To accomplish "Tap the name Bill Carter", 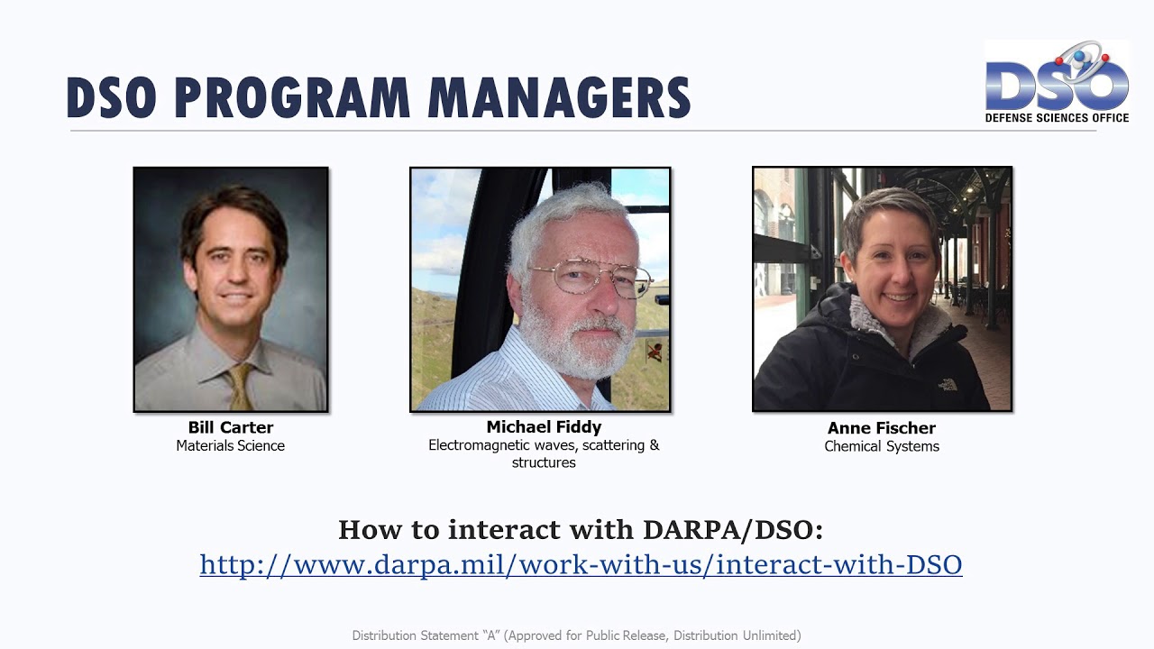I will pos(231,427).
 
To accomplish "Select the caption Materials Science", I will pos(231,445).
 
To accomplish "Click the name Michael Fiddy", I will pos(544,427).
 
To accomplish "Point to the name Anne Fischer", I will pos(882,428).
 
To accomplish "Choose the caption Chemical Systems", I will pos(882,446).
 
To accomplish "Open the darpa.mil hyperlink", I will pos(581,565).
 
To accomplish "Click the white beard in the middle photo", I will pos(577,347).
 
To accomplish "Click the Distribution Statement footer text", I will pos(576,635).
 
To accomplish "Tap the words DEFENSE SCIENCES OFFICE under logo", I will pos(1057,117).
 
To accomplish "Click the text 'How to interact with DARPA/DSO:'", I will pos(580,529).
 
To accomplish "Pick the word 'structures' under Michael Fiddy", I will pos(544,462).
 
